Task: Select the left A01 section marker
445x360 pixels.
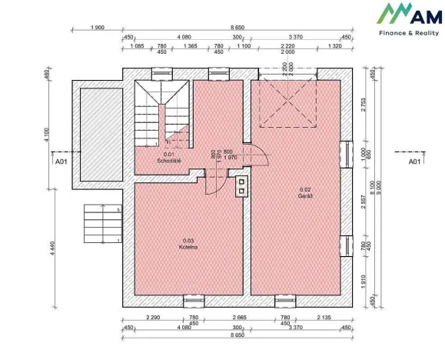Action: coord(60,162)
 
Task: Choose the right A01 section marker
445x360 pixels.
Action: coord(413,162)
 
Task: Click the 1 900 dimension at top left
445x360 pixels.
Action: coord(98,28)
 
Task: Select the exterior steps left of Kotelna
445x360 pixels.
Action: coord(100,223)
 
